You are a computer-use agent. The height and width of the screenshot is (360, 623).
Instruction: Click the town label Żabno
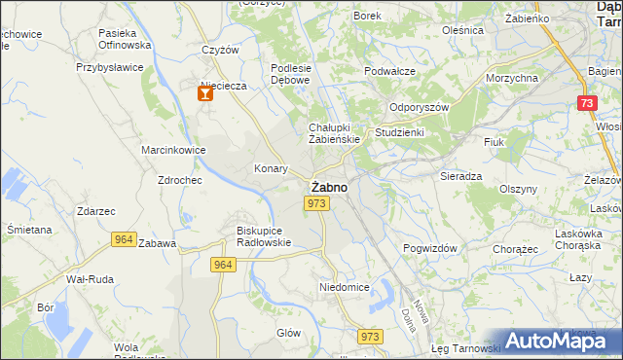click(326, 186)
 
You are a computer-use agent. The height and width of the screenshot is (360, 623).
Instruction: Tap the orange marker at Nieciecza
click(204, 94)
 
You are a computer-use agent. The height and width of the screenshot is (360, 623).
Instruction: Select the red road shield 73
click(585, 104)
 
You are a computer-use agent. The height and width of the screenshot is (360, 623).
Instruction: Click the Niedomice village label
click(344, 288)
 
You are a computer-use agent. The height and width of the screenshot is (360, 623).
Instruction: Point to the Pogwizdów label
click(430, 248)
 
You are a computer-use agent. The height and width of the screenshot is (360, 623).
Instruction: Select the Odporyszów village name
click(418, 108)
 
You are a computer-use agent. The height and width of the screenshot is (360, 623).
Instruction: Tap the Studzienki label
click(400, 132)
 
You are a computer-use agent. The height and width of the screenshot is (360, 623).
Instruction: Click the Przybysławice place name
click(110, 68)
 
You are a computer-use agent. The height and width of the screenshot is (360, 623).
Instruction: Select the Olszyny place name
click(518, 189)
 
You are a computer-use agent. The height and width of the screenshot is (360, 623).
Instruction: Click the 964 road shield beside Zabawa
click(124, 239)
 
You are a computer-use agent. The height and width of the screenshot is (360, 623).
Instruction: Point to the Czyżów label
click(220, 51)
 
